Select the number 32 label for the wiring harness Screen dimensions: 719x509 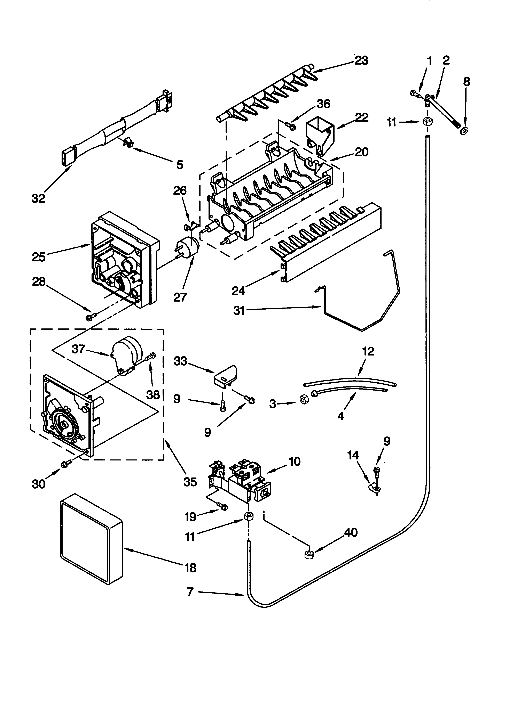38,198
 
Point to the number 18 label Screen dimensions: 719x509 190,567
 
